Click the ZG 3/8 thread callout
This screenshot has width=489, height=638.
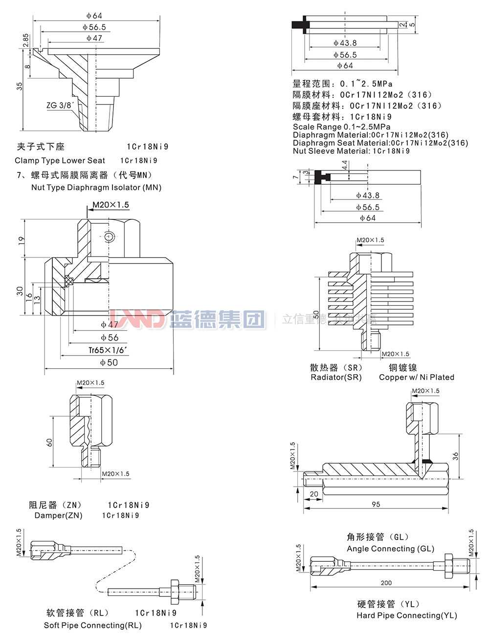[60, 105]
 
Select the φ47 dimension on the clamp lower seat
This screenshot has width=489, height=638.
[94, 38]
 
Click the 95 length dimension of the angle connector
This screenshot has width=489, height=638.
[375, 504]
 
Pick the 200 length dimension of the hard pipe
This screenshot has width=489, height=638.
[386, 583]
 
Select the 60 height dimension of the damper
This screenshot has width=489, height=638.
[49, 442]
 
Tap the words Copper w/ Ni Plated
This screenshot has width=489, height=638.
[416, 377]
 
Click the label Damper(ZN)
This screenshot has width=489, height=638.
[58, 515]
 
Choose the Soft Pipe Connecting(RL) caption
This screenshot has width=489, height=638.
[92, 625]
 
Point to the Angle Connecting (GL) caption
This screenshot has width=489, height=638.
[390, 549]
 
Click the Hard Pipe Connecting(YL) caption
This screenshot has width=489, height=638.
[406, 616]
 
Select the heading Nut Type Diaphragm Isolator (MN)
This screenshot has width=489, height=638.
[96, 187]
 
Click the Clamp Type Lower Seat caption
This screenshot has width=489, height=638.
[60, 160]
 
